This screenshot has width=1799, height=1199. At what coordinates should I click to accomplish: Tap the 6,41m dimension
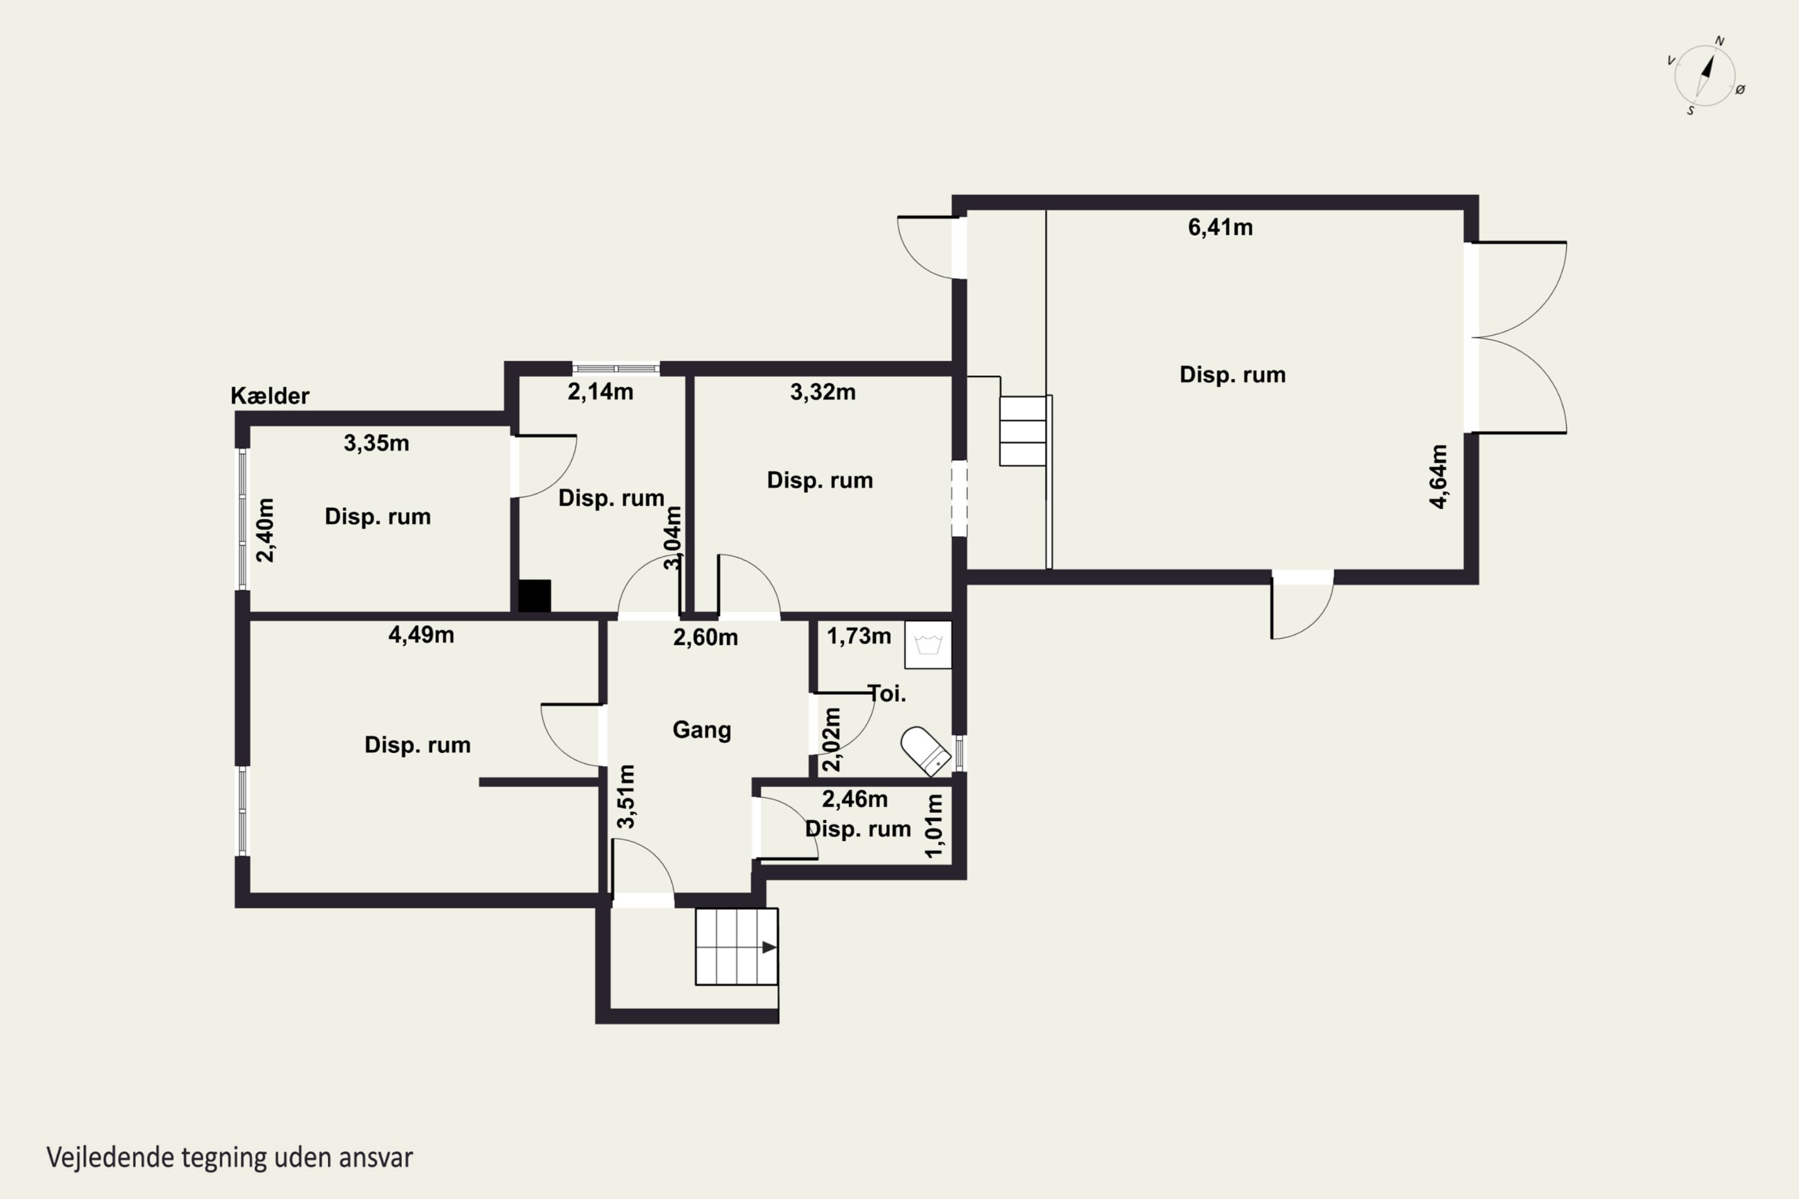click(x=1220, y=227)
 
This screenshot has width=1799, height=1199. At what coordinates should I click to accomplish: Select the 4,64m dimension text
click(x=1439, y=477)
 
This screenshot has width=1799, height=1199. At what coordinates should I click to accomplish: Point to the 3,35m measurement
click(x=377, y=443)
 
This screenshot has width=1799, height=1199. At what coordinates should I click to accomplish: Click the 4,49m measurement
click(x=422, y=635)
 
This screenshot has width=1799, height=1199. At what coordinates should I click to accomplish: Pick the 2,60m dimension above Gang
click(x=705, y=637)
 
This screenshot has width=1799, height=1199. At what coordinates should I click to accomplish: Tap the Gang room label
click(x=702, y=730)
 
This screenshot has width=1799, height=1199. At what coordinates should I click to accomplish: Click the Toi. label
click(x=888, y=694)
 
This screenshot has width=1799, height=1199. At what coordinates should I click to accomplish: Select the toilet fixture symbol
click(x=925, y=751)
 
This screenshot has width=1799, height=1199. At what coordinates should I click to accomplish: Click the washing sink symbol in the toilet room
click(x=928, y=644)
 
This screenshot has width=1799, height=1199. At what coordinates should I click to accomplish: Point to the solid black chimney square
click(x=535, y=596)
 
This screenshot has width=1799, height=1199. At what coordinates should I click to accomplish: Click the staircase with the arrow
click(x=736, y=947)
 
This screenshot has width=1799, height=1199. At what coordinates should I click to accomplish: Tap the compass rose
click(x=1705, y=76)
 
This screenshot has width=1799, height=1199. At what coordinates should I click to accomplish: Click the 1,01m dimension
click(x=934, y=826)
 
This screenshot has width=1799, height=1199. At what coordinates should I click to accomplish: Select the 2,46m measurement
click(x=855, y=799)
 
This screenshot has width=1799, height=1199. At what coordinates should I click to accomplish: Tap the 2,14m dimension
click(x=600, y=391)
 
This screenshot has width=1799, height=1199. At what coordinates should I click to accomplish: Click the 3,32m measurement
click(x=823, y=391)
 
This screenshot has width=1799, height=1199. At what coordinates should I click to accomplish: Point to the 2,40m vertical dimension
click(x=264, y=530)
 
